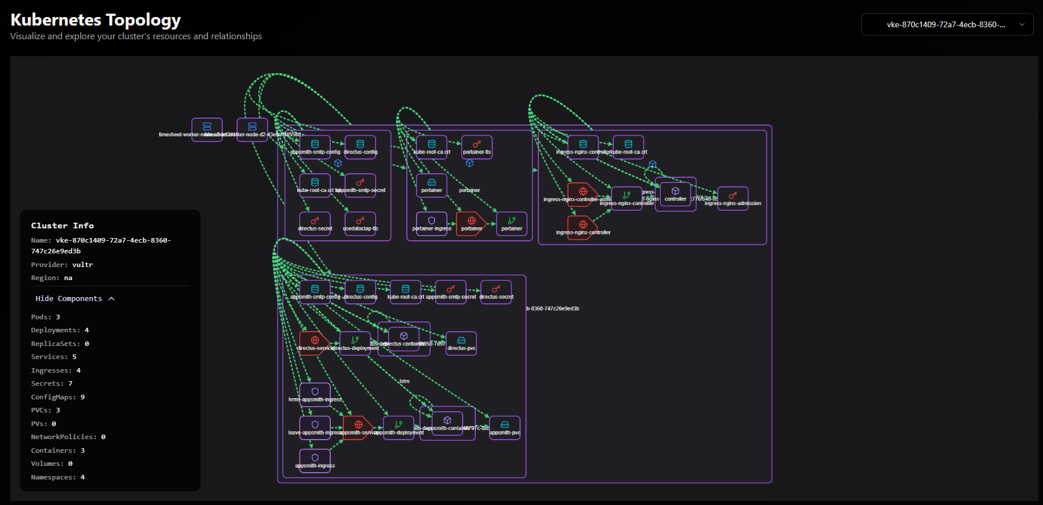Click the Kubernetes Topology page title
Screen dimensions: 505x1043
click(95, 20)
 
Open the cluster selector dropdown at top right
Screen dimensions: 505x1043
click(946, 24)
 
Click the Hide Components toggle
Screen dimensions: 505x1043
click(74, 299)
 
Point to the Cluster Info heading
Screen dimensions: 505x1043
click(63, 226)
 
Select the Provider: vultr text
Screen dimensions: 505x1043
click(62, 265)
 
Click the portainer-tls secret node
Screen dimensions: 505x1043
click(477, 147)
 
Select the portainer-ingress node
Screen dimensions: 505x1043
click(431, 223)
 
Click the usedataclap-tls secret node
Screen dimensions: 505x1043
click(360, 223)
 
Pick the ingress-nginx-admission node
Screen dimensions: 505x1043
click(733, 198)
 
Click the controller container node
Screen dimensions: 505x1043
click(675, 194)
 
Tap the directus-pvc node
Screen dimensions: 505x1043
click(461, 343)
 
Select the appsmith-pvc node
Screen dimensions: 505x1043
click(504, 427)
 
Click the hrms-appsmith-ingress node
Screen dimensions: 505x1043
click(315, 394)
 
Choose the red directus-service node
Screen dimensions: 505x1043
click(314, 343)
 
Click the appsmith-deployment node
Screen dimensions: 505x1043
click(398, 427)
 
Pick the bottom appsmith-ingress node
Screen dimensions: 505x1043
click(315, 460)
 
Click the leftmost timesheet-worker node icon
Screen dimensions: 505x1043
click(207, 129)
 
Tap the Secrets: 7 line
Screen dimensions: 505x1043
click(52, 384)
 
